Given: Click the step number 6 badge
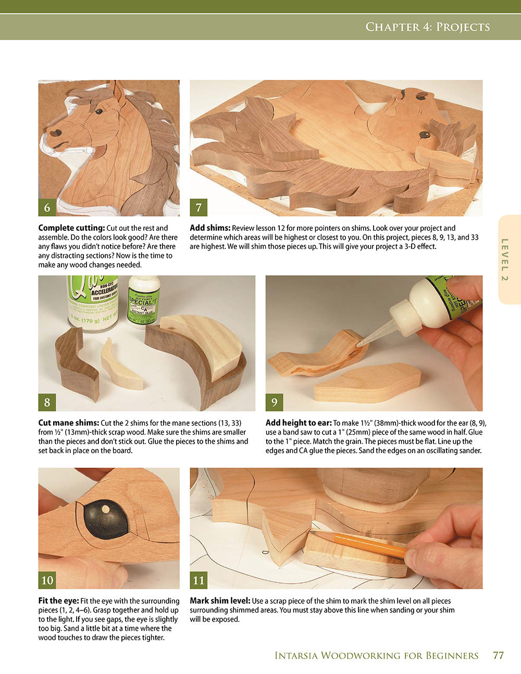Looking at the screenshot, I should click(47, 207).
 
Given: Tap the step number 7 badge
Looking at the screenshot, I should click(199, 207).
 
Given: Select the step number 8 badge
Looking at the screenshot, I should click(47, 402).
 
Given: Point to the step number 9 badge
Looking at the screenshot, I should click(274, 402).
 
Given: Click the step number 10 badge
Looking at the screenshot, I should click(47, 580).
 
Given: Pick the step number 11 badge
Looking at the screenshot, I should click(199, 580).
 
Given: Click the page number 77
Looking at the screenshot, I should click(498, 655).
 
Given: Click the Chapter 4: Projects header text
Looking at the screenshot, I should click(427, 27).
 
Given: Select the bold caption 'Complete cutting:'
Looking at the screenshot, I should click(71, 228).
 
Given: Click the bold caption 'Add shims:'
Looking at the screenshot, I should click(210, 228).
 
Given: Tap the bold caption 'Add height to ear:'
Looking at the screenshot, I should click(299, 423).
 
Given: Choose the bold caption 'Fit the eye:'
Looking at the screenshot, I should click(58, 601).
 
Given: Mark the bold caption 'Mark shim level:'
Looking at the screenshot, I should click(220, 601).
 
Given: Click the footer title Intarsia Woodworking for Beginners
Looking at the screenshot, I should click(376, 655).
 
